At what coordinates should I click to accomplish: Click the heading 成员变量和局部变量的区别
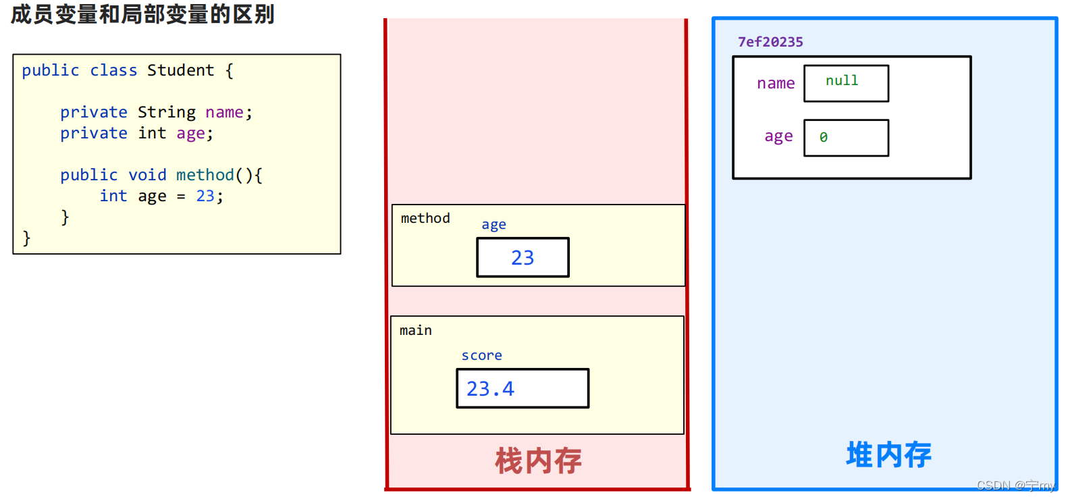point(142,14)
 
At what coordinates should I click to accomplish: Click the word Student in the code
point(180,70)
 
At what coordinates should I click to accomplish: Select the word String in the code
point(166,112)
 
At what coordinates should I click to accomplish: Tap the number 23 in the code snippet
point(205,196)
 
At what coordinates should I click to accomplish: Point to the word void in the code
point(147,175)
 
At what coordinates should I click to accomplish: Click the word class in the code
point(113,70)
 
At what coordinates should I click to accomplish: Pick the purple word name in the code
point(224,112)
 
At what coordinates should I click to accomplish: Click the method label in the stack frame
point(425,218)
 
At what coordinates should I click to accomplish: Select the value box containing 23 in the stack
point(523,257)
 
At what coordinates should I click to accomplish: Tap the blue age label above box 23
point(494,225)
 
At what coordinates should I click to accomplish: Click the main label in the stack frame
point(415,330)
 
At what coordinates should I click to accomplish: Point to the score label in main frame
point(481,355)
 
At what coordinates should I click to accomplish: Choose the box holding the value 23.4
point(523,388)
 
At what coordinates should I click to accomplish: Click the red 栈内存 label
point(538,461)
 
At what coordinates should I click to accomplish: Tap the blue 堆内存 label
point(888,454)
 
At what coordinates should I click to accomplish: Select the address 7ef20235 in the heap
point(770,42)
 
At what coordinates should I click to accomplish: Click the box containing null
point(846,83)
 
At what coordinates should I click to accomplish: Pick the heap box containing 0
point(846,138)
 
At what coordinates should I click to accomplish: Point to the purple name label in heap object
point(776,83)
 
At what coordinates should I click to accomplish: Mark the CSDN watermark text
point(1015,485)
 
